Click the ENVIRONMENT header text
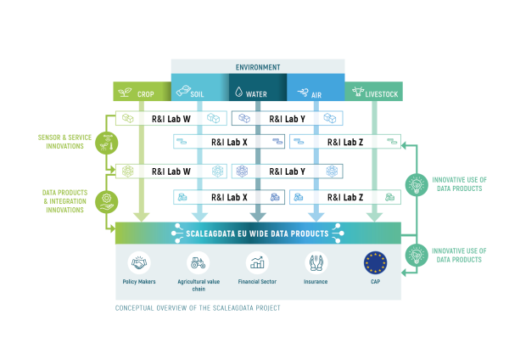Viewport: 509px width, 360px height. [257, 67]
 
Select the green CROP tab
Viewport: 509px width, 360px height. [142, 93]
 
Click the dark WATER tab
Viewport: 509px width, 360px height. [257, 93]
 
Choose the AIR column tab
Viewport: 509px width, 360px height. [316, 93]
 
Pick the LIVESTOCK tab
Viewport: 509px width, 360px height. [373, 93]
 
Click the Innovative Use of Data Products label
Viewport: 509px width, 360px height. [458, 183]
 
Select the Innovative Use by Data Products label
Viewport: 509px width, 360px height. [458, 255]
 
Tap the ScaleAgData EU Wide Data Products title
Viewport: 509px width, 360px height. [257, 231]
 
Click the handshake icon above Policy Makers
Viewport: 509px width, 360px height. [139, 262]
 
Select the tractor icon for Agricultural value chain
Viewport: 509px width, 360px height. [198, 262]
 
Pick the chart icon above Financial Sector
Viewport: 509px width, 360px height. [256, 262]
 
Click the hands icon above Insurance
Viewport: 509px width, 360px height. [316, 262]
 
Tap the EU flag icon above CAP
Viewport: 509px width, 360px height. [375, 262]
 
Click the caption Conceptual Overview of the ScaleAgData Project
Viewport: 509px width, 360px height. [198, 308]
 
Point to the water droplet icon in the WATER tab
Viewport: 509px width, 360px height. [239, 93]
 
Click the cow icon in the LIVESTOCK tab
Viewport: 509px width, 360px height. [355, 93]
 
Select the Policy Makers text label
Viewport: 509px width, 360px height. [139, 281]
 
